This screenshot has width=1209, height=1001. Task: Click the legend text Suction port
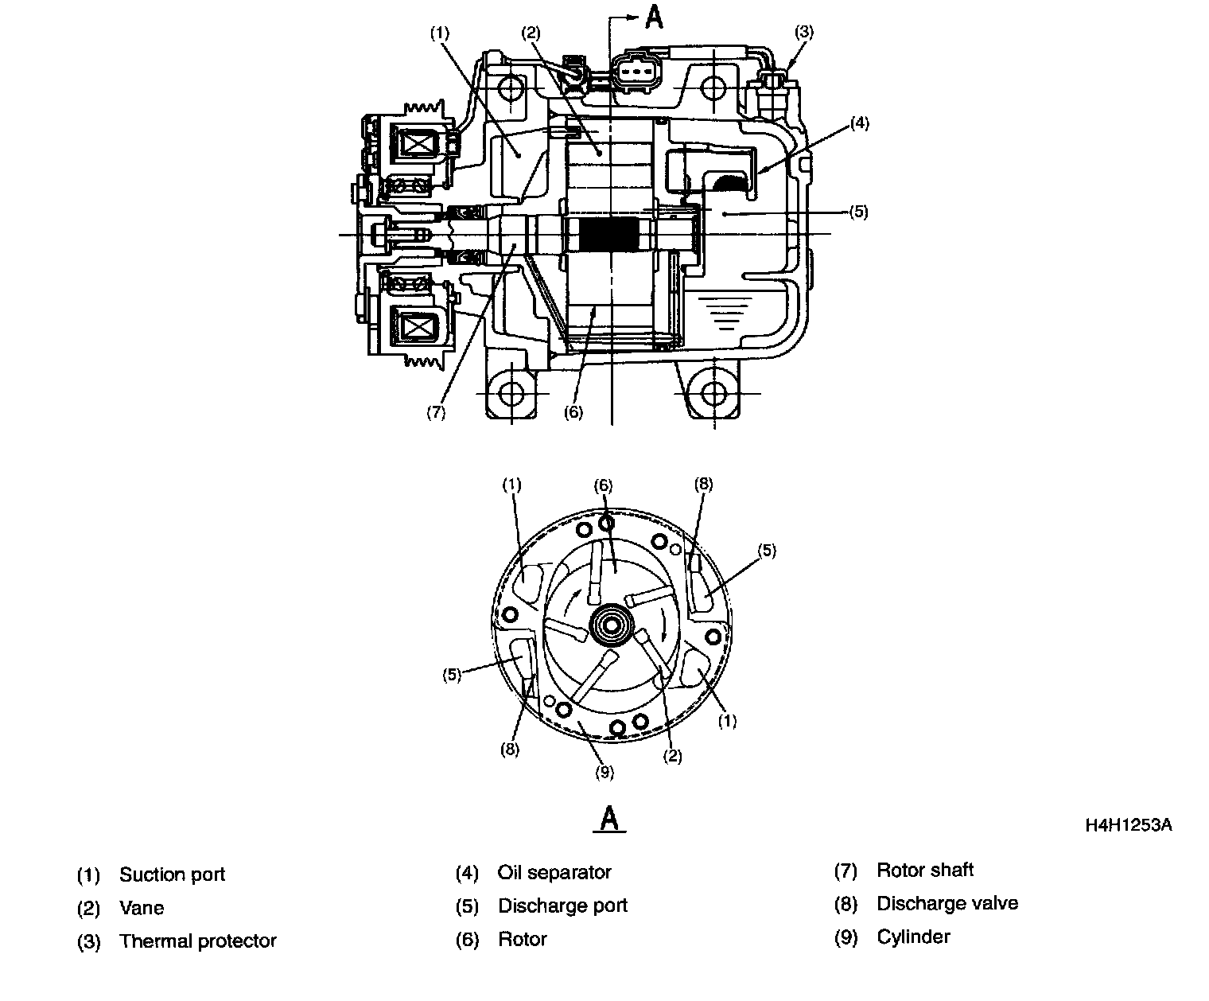(x=172, y=874)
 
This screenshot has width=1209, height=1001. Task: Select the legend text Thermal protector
(x=197, y=941)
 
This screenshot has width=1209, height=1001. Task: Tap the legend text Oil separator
(x=554, y=872)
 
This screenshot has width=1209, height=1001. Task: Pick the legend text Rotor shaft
(x=924, y=870)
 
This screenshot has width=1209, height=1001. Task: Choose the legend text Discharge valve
(x=947, y=903)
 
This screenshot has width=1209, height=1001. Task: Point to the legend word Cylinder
(x=913, y=937)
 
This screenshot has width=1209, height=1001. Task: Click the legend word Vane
(x=142, y=908)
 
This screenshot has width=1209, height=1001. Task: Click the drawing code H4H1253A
(x=1128, y=825)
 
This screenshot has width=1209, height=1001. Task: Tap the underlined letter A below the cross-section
(x=609, y=818)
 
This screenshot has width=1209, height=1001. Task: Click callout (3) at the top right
(x=804, y=32)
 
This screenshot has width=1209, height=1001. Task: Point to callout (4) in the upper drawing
(x=859, y=123)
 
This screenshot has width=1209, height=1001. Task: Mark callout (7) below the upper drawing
(x=435, y=413)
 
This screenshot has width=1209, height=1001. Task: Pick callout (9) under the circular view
(x=604, y=771)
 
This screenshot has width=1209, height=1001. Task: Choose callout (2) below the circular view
(x=672, y=756)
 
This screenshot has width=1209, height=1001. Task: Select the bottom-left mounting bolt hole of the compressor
(x=511, y=392)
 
